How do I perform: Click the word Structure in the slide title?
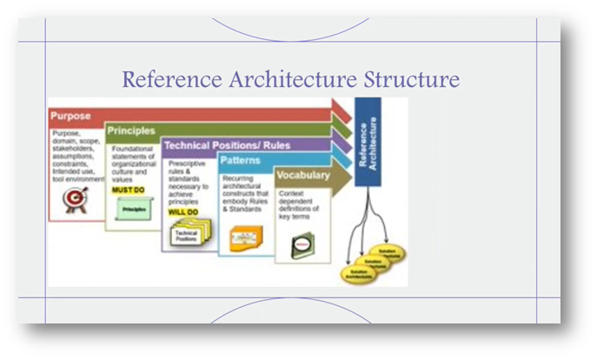pos(412,80)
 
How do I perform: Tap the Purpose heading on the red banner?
pos(70,116)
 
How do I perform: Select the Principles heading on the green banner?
pos(130,130)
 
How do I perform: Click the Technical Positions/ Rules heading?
pos(227,145)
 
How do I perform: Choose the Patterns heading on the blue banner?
pos(241,160)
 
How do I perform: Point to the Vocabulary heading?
pos(303,175)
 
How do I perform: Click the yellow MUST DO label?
pos(127,189)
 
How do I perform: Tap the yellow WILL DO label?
pos(183,210)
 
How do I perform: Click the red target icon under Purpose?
pos(75,200)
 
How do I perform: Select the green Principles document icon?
pos(133,209)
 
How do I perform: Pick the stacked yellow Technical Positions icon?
pos(186,236)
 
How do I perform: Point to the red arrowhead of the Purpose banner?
pos(341,110)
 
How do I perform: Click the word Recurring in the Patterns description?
pos(238,177)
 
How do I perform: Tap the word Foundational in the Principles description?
pos(131,148)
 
